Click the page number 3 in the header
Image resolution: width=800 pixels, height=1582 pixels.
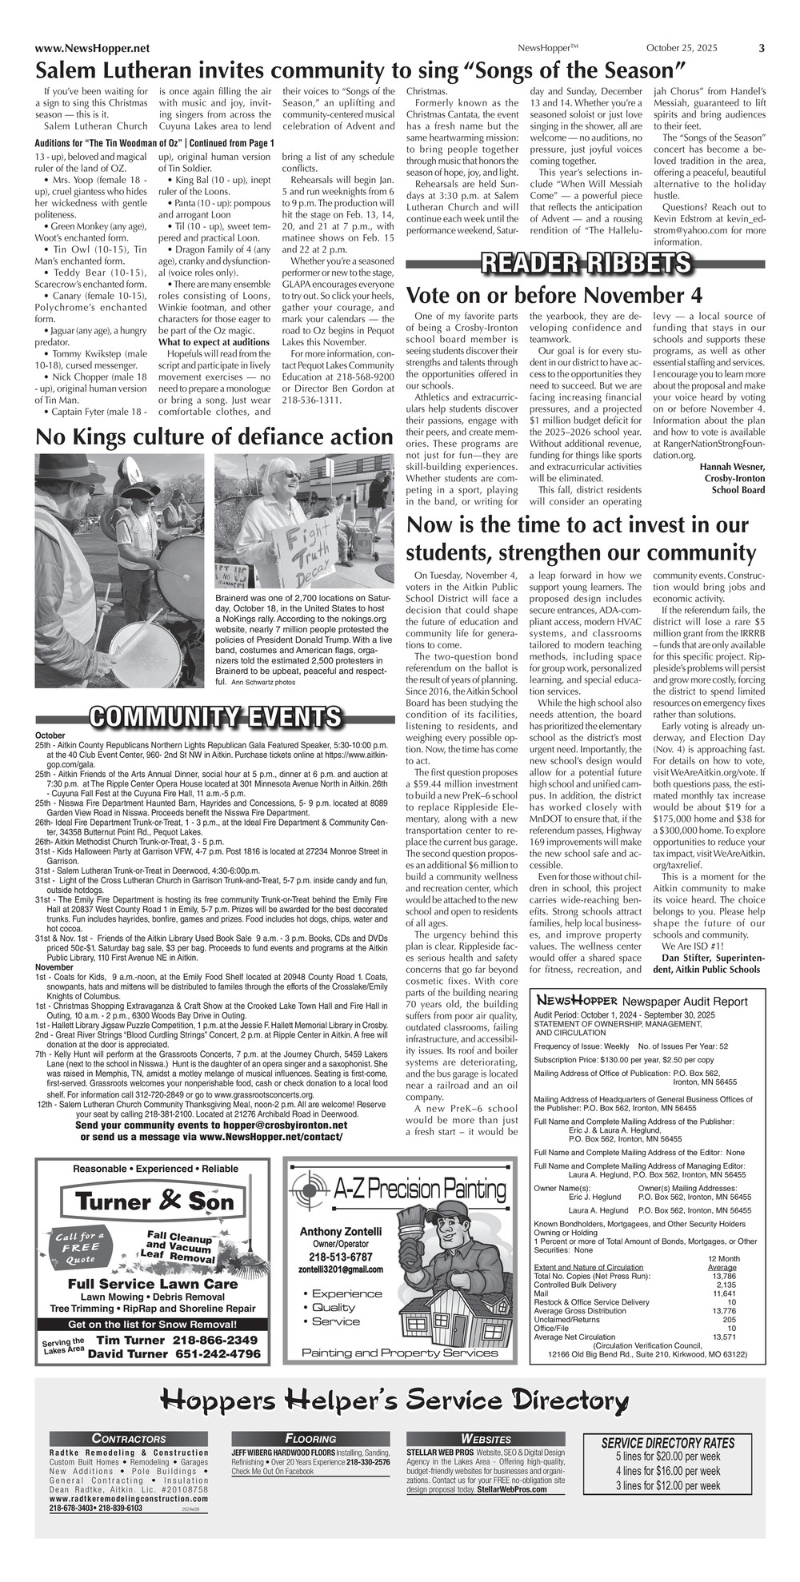click(x=761, y=48)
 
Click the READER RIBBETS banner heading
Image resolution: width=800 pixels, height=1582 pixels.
click(x=586, y=263)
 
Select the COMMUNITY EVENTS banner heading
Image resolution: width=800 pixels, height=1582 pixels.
click(x=215, y=717)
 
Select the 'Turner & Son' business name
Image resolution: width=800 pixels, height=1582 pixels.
click(x=155, y=1201)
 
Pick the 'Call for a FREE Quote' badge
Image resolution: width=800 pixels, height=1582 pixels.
click(x=79, y=1247)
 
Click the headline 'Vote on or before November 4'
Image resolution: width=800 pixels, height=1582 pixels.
click(x=554, y=295)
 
